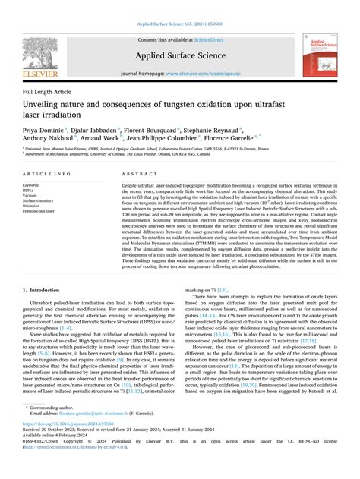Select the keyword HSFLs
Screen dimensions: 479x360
click(x=30, y=190)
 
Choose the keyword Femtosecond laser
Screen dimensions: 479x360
click(x=42, y=211)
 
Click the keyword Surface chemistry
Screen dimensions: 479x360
click(x=40, y=200)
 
